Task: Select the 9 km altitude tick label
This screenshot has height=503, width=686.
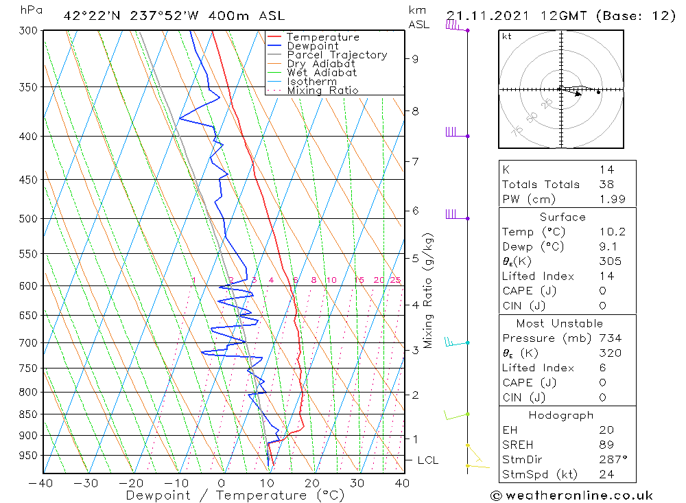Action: [x=415, y=59]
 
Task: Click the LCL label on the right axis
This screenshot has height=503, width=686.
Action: [x=427, y=460]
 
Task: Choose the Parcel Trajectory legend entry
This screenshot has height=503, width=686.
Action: [x=337, y=55]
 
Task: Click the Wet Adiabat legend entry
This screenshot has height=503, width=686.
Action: [x=322, y=73]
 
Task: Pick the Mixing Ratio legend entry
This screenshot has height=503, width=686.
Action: [x=322, y=91]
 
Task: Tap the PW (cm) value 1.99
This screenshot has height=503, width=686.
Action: [x=606, y=199]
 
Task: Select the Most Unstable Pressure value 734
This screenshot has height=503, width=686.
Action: [x=610, y=338]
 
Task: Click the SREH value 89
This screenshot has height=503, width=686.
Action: [x=606, y=445]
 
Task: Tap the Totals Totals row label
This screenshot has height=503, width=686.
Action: [x=541, y=185]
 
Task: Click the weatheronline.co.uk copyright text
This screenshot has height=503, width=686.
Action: [x=571, y=495]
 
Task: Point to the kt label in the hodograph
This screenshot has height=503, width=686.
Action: [x=507, y=36]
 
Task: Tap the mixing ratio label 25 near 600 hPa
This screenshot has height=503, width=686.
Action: [x=395, y=280]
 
